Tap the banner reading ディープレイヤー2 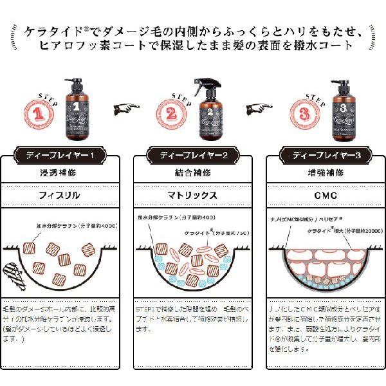[x=194, y=155]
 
